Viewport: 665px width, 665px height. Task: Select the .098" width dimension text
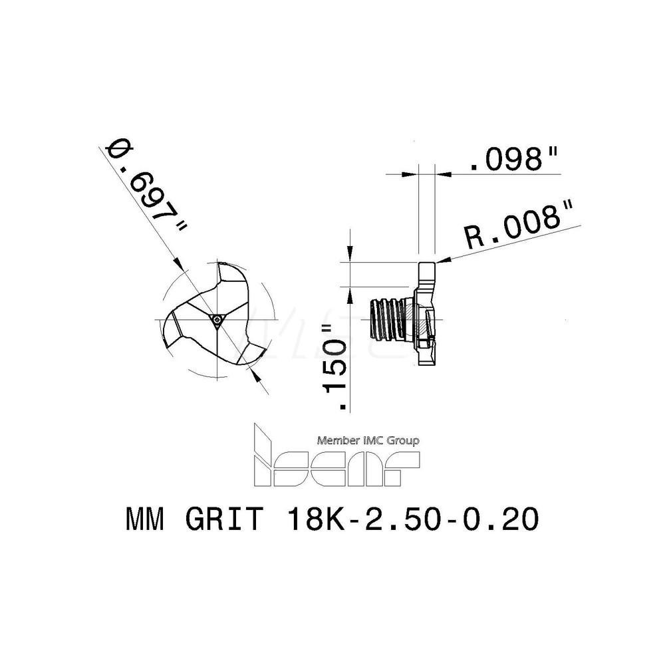tap(513, 160)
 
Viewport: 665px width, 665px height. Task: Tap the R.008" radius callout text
tap(519, 225)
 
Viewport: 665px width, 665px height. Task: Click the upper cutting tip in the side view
tap(426, 272)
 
